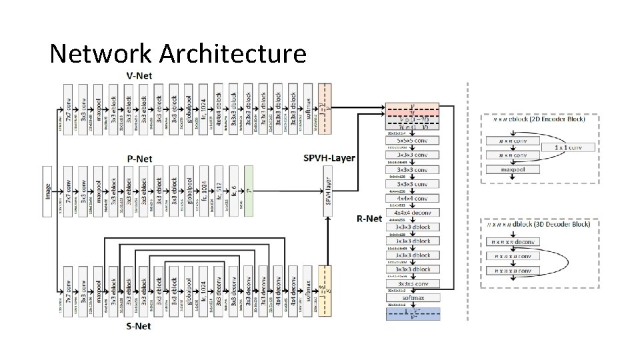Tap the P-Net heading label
coord(140,159)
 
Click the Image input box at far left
coord(47,190)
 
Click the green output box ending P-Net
coord(249,190)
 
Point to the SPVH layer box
coord(327,190)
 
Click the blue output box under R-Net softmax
coord(413,313)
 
